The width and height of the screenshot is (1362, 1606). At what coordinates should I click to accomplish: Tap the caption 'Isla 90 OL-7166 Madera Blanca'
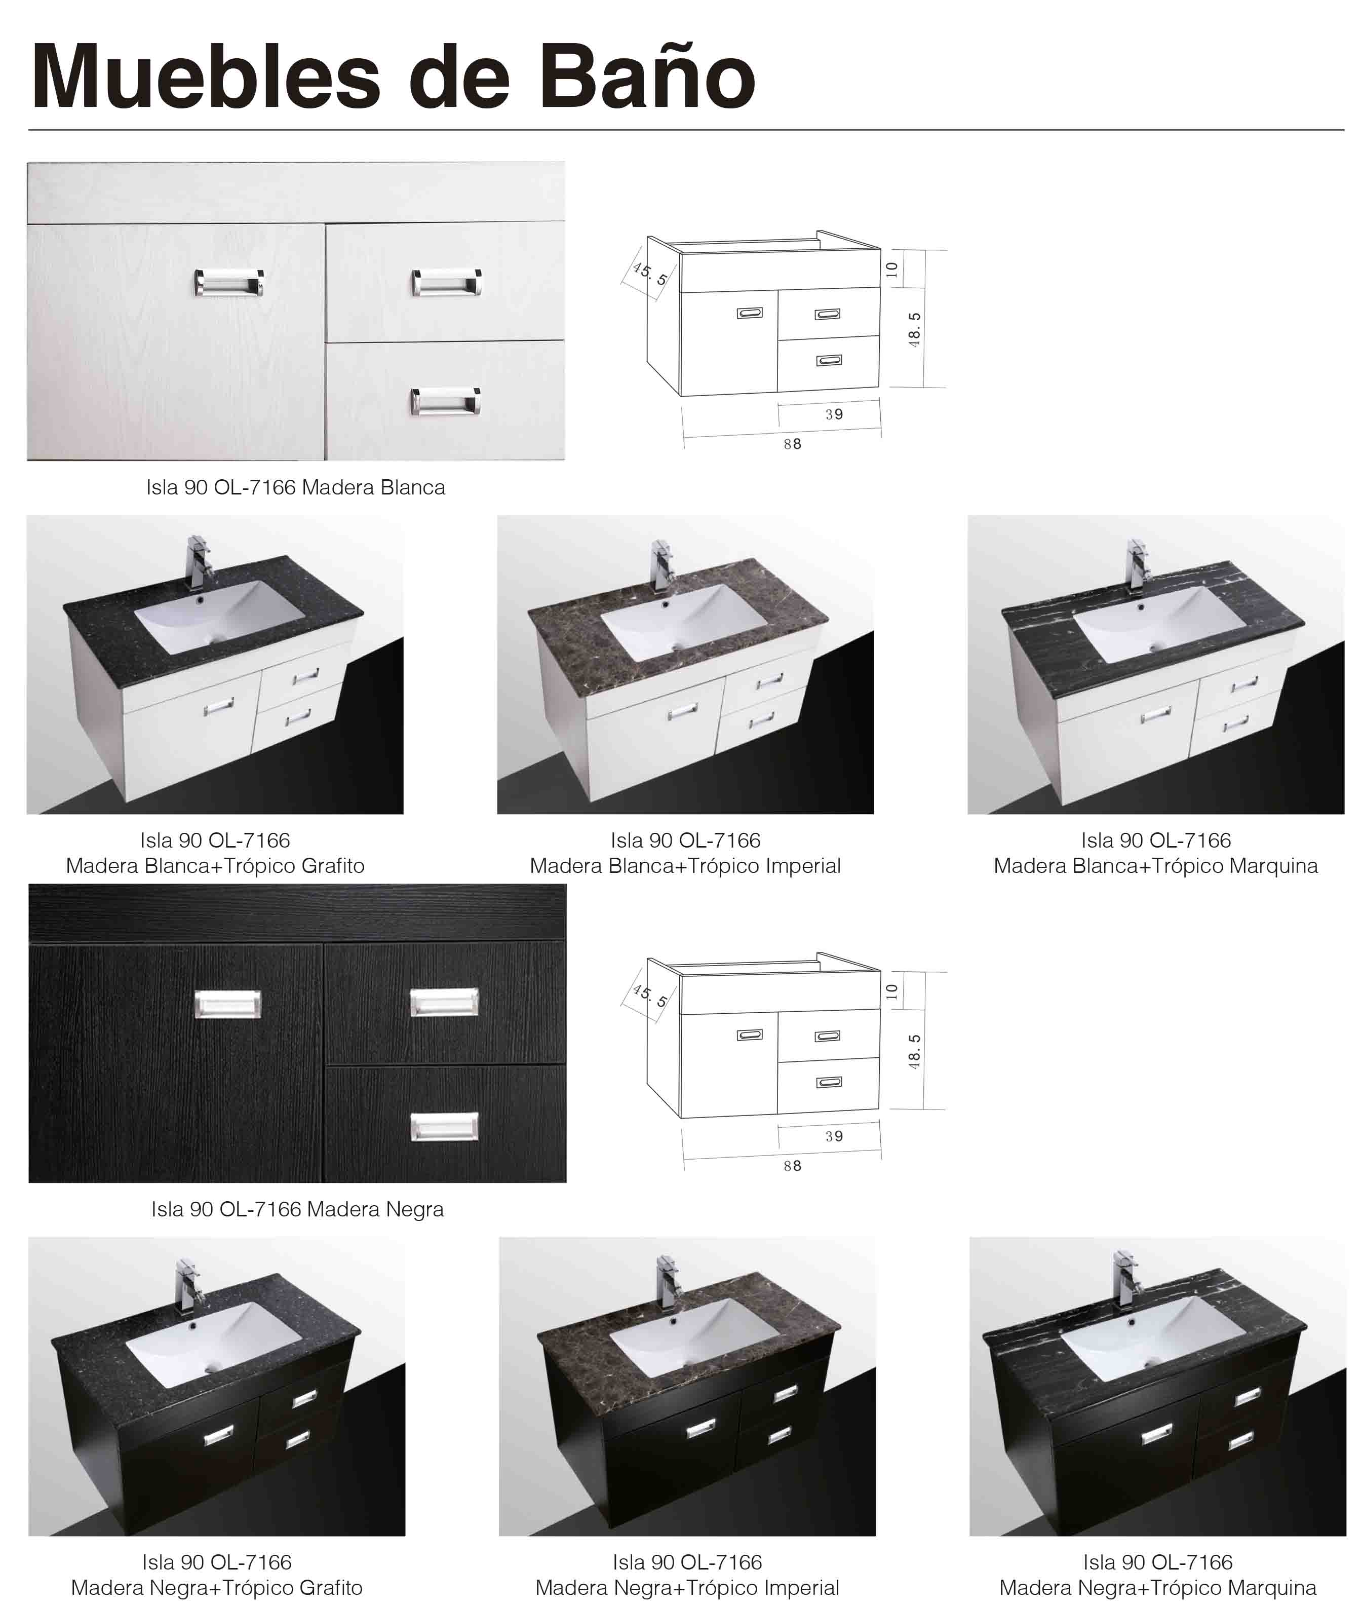(x=296, y=487)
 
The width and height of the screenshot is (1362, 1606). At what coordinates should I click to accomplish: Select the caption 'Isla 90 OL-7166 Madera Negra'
(x=297, y=1209)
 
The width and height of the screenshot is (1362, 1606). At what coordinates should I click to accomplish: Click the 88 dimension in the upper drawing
(x=792, y=444)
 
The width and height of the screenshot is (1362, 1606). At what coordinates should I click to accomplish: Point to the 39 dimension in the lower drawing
(x=834, y=1136)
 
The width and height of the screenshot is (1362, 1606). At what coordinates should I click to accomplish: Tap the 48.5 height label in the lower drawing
(x=914, y=1052)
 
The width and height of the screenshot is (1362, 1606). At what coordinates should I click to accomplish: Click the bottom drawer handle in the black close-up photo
(x=444, y=1127)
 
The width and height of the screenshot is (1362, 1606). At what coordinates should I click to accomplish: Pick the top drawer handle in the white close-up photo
(x=446, y=283)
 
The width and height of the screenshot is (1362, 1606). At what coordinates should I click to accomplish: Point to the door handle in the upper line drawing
(x=749, y=313)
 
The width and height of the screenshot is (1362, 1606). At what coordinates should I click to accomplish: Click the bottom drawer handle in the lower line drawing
(x=829, y=1083)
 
